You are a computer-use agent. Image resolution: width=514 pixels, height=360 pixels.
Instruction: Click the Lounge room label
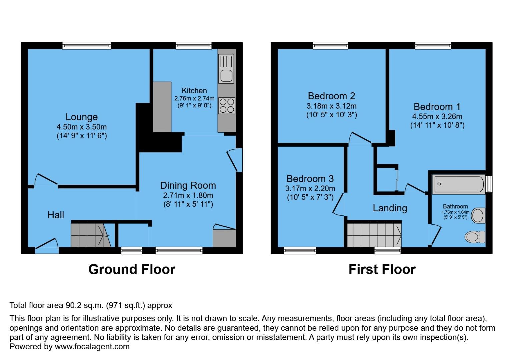coord(81,117)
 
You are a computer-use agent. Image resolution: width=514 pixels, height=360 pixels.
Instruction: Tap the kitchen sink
coord(226,75)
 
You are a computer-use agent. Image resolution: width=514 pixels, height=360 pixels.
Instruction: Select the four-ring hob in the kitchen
coord(227,105)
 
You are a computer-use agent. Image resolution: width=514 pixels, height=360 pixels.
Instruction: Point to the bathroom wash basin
coord(478,215)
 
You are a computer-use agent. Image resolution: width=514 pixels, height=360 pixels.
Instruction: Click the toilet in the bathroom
coord(474,237)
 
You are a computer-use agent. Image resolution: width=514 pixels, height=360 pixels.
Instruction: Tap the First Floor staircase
coord(374,235)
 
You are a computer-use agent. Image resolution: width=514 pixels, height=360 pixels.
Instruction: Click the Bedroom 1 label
coord(437,107)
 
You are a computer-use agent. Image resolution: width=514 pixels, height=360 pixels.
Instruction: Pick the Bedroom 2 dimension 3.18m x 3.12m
coord(331,106)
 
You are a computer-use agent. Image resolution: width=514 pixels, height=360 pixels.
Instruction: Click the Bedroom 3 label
coord(310,179)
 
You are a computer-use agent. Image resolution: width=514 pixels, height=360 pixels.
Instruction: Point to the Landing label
coord(390,208)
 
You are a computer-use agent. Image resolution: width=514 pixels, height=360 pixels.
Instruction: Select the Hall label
coord(56,215)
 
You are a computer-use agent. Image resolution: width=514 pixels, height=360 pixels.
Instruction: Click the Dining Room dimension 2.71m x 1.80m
coord(188,195)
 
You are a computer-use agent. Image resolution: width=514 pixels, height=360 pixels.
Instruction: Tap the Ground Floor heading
coord(132,269)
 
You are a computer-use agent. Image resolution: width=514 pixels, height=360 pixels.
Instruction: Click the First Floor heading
coord(382,269)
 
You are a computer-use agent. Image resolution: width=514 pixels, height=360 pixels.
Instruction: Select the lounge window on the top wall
coord(87,46)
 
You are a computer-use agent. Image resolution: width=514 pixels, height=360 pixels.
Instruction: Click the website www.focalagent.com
coord(92,347)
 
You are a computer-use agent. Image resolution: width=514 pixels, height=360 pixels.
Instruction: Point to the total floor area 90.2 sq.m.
coord(91,305)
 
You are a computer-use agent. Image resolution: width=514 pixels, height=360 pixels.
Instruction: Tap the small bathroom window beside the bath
coord(489,184)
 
